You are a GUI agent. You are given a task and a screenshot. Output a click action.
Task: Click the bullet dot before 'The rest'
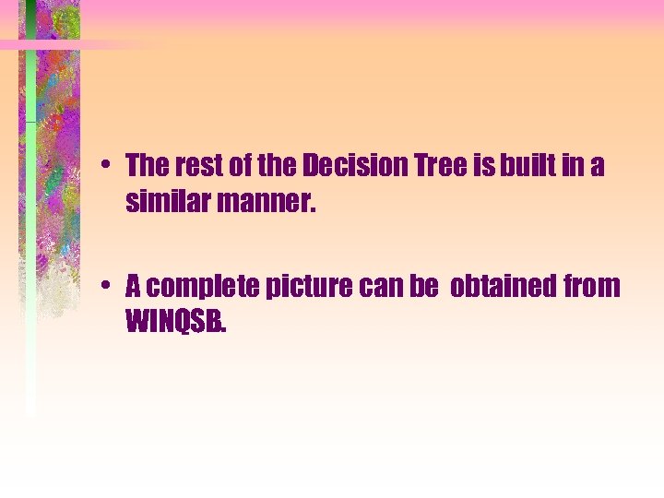tap(108, 167)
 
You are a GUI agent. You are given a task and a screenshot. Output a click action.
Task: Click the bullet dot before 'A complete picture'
tap(108, 288)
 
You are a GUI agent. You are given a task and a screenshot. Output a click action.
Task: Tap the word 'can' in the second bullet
tap(379, 288)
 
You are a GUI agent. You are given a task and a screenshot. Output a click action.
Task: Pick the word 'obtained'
tap(503, 288)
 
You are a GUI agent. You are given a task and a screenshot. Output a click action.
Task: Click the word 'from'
tap(591, 288)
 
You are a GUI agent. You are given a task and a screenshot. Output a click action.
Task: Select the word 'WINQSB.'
tap(175, 323)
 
